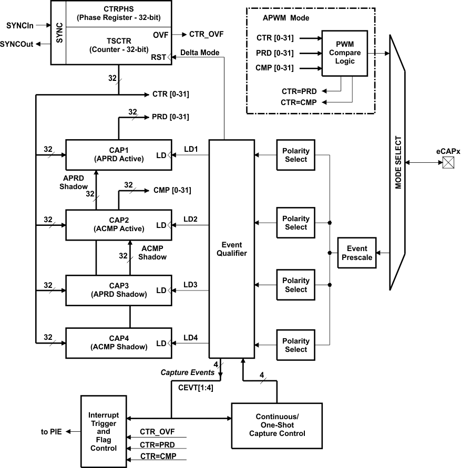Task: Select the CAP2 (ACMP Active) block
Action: pos(119,224)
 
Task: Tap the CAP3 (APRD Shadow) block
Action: pos(119,290)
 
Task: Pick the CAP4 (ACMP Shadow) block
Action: pos(119,342)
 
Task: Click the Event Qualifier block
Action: pos(231,248)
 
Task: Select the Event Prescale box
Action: pos(356,253)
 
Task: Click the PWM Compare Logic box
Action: pos(345,53)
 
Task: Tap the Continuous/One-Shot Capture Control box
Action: pos(276,425)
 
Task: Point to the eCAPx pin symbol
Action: pos(447,163)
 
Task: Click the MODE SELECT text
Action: pos(398,163)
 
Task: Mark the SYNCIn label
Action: pos(20,25)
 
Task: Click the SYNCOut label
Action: pos(17,44)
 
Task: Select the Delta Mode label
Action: pos(199,53)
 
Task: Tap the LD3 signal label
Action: pos(190,285)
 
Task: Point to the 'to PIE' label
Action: pos(52,432)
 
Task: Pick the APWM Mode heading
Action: pos(286,17)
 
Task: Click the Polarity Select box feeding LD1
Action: pos(295,155)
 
